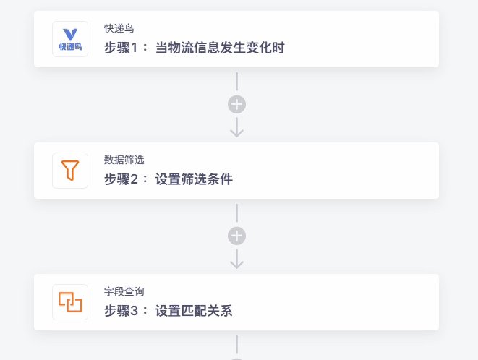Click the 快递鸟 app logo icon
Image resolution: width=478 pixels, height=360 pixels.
70,39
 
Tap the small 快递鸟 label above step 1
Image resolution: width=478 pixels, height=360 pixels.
119,28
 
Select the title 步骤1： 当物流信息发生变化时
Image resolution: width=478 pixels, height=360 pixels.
195,48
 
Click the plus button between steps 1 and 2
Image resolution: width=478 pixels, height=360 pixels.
237,105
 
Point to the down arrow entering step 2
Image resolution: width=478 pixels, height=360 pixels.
237,127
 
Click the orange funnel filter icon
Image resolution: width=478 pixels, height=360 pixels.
70,171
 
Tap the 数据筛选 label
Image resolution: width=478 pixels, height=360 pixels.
124,160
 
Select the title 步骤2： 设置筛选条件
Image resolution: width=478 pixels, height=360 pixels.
168,179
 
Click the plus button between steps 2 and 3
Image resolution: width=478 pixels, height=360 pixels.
237,236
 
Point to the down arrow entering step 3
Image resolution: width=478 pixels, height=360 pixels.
237,259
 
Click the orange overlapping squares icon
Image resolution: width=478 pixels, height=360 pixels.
70,302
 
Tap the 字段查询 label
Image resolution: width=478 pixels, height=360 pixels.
124,291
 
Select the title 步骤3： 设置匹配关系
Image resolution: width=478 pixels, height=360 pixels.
168,311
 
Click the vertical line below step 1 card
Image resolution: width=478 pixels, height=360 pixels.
237,82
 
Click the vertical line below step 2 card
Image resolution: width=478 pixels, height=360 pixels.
237,213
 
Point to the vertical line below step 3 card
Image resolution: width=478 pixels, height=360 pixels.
237,345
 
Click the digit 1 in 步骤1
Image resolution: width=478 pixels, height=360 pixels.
134,48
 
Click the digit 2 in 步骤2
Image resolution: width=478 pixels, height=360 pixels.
134,179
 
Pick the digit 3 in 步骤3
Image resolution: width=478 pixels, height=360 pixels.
134,312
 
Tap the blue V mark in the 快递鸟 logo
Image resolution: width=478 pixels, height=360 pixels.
70,35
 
